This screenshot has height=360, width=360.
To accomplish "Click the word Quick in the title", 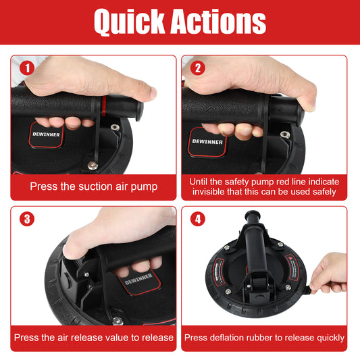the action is pos(130,22).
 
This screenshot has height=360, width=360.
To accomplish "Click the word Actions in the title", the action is pos(218,21).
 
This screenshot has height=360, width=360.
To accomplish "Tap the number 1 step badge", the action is pos(27,68).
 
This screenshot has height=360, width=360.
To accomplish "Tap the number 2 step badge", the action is pos(198,68).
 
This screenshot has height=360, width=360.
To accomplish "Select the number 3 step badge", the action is pos(27,219).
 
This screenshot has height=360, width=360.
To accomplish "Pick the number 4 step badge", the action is pos(198,219).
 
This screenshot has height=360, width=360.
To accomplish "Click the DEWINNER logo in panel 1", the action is pos(46,134).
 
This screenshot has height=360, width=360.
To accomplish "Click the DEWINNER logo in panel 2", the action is pos(207,142).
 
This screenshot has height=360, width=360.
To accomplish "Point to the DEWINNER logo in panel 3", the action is pos(138,279).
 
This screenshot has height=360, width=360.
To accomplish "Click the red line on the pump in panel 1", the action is pos(104,106).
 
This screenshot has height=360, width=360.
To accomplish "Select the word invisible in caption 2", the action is pos(208,191).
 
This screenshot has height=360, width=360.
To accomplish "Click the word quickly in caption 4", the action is pos(330,338).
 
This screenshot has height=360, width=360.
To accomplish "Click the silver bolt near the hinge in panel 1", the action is pos(93,165).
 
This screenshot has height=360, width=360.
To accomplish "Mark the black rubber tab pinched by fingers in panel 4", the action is pos(308,290).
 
